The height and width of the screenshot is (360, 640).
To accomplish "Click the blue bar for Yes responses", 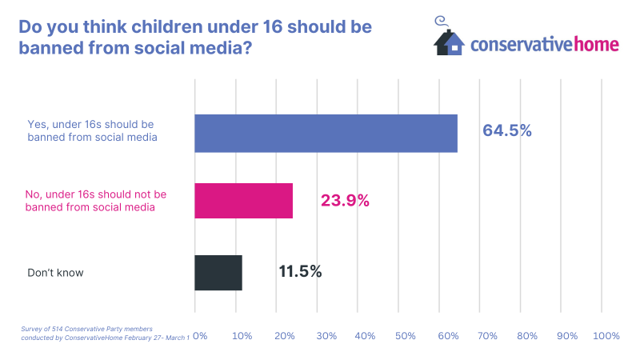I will tap(326, 133).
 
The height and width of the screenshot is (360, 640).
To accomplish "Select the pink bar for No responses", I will tap(244, 201).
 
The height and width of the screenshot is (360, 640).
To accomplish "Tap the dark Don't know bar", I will tap(218, 273).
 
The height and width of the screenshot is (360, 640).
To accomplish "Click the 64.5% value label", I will tap(506, 130).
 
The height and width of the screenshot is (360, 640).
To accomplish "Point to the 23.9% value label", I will tap(345, 201).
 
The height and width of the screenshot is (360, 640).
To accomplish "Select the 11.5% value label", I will tap(300, 271).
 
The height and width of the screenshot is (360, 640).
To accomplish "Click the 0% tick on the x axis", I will tap(200, 336).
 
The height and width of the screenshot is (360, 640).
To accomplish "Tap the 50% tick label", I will tap(406, 336).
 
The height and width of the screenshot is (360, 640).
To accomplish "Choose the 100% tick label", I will tap(606, 336).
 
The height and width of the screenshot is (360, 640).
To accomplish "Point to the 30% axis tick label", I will tap(325, 336).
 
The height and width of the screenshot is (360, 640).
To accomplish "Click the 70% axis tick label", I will tap(487, 336).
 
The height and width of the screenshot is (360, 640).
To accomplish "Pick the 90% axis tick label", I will tap(567, 336).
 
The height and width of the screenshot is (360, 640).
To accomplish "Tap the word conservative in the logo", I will tap(521, 43).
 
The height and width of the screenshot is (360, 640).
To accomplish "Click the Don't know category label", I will tap(55, 273).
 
